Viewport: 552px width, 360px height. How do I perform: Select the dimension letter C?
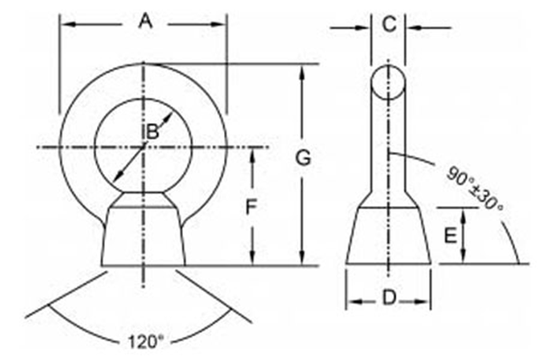pos(388,25)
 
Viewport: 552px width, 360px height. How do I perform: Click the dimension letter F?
pos(254,208)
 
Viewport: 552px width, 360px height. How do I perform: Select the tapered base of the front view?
pos(144,233)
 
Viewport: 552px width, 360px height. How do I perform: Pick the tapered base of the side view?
pos(388,235)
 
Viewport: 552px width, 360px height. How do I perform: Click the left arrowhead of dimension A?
pos(66,24)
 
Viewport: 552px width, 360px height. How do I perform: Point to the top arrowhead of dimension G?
pos(304,69)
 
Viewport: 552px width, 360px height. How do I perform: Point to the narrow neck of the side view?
pos(388,145)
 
